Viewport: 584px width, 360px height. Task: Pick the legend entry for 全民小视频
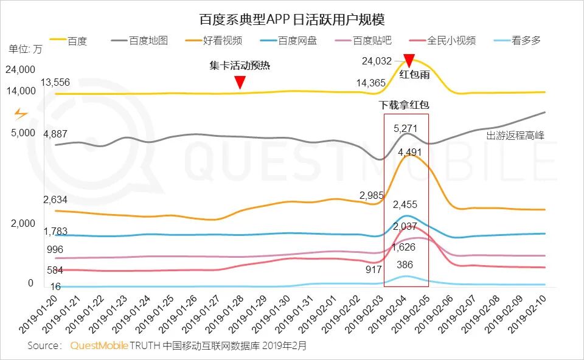tap(451, 41)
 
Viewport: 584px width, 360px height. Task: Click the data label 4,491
tap(409, 152)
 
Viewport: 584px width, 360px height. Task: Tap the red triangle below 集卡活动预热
tap(240, 81)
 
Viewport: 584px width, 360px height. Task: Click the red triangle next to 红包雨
tap(409, 61)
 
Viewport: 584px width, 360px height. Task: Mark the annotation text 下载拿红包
tap(405, 105)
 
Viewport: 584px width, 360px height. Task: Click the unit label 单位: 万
tap(26, 49)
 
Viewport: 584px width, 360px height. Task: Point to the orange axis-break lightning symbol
tap(21, 114)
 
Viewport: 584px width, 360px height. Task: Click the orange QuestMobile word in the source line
tap(99, 345)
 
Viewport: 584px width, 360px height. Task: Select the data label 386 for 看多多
tap(405, 265)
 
